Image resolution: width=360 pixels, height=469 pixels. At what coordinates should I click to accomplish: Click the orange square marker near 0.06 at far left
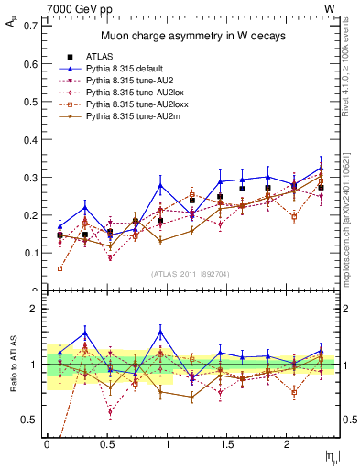(60, 268)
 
